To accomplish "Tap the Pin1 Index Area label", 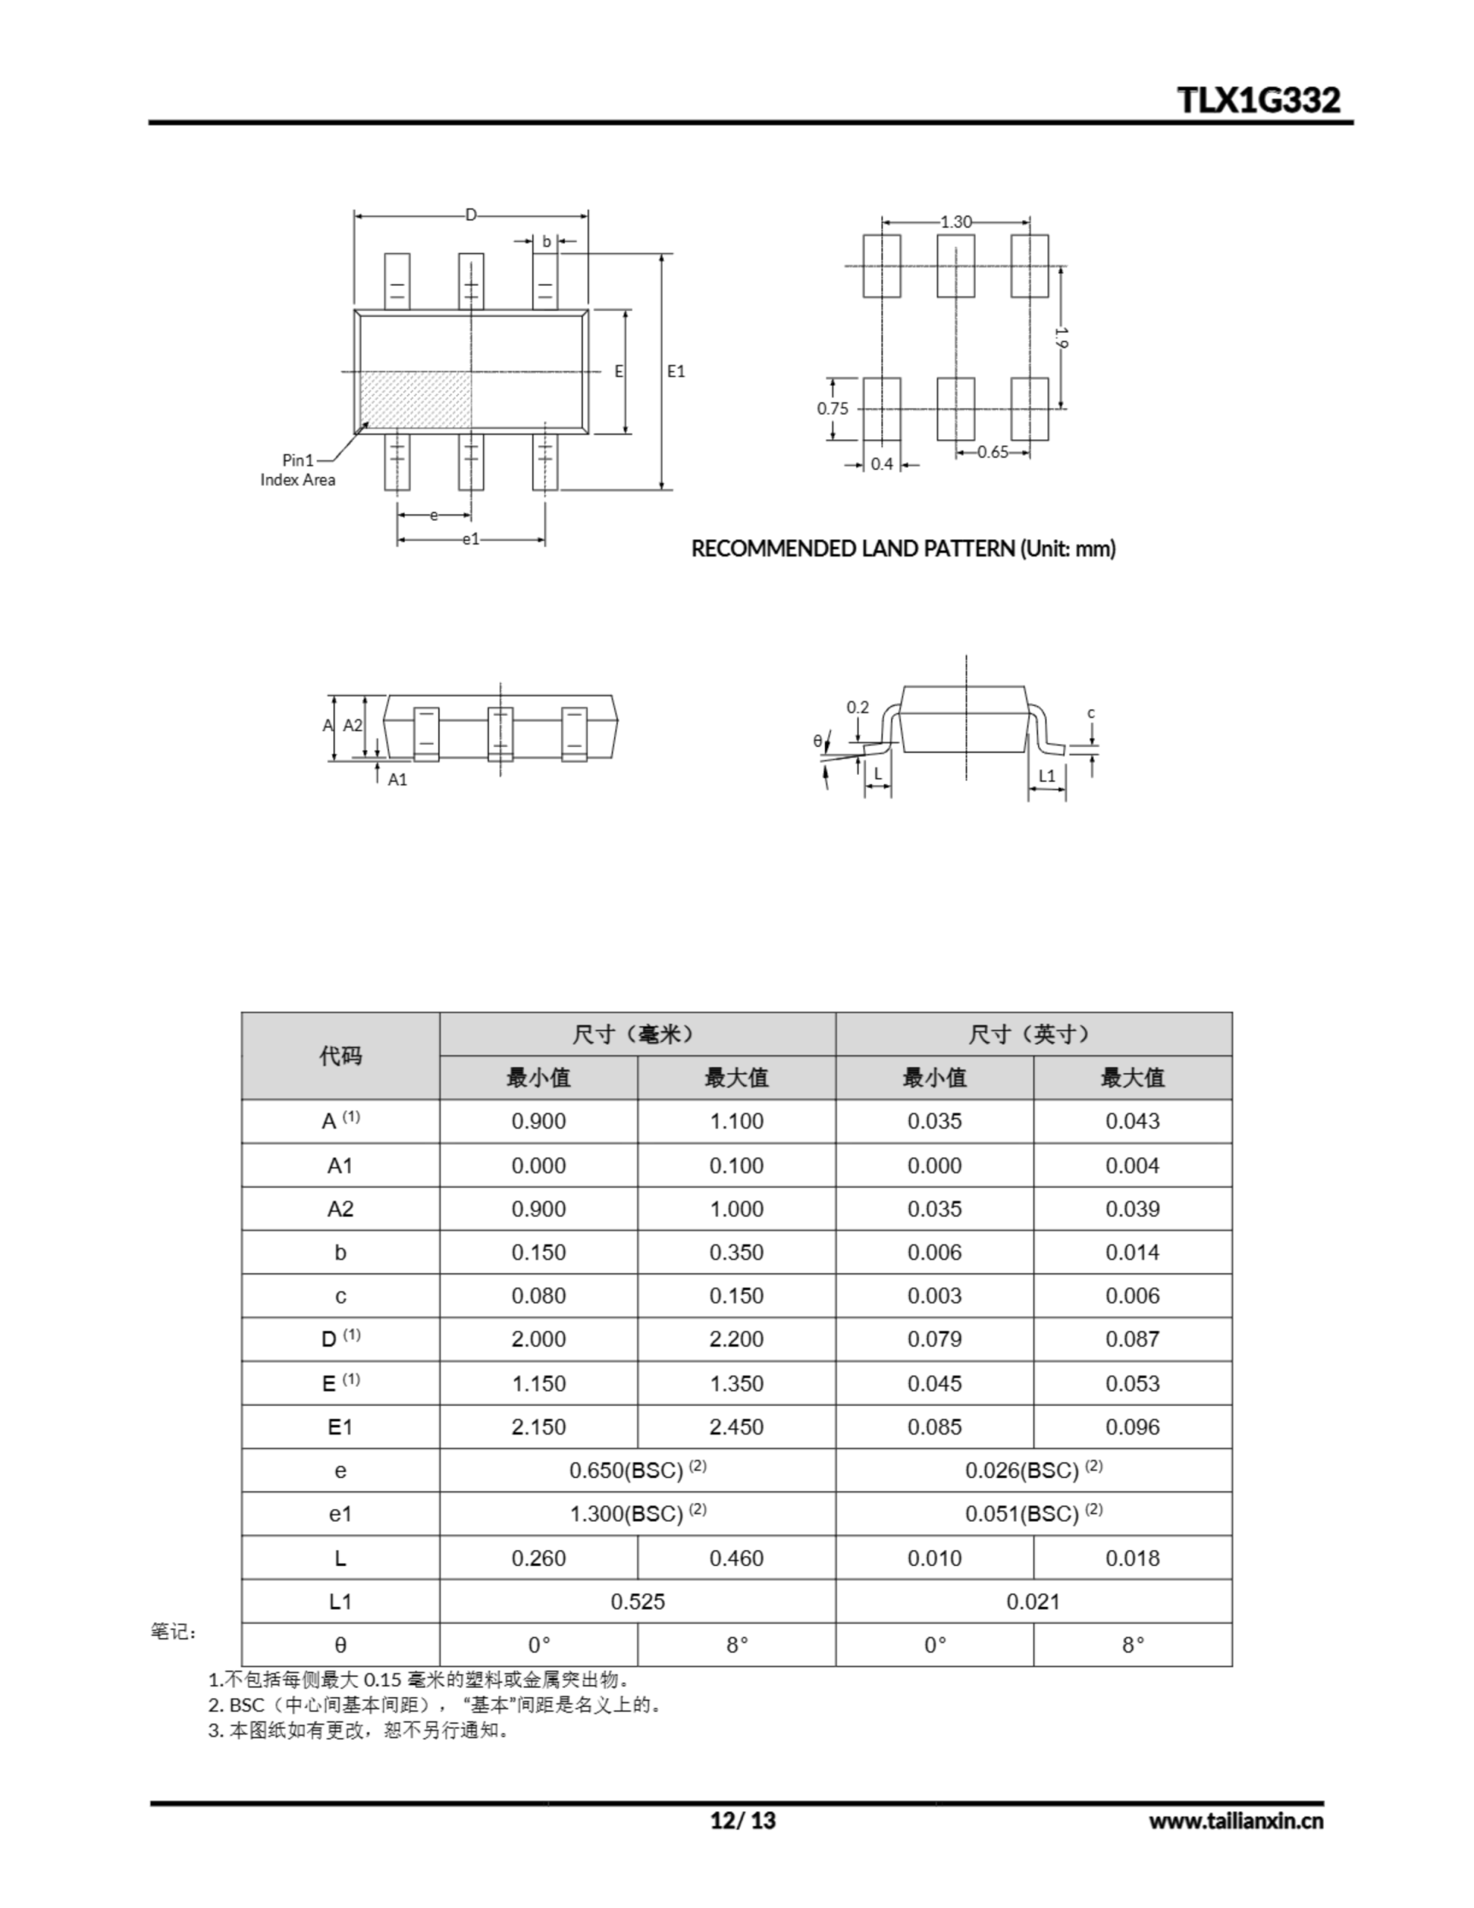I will pos(298,470).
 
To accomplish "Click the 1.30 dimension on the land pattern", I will pos(956,222).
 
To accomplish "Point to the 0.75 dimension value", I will pos(832,408).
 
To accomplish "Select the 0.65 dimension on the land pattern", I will pos(993,452).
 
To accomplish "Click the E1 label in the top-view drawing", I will pos(677,371).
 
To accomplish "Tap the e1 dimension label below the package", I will pos(471,539).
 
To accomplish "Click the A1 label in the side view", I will pos(397,780).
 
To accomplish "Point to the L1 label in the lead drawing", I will pos(1047,776).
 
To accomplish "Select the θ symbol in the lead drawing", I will pos(817,742).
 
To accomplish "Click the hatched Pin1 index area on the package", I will pos(416,401).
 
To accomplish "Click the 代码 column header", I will pos(340,1055).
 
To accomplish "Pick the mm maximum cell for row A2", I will pos(736,1209).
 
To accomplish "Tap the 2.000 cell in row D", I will pos(538,1339).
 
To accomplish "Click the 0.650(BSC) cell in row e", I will pos(637,1471).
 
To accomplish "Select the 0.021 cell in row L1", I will pos(1033,1602).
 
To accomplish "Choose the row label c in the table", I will pos(340,1296).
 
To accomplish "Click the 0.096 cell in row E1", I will pos(1133,1427).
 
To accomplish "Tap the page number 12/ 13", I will pos(743,1821).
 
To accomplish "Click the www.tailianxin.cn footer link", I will pos(1236,1822).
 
